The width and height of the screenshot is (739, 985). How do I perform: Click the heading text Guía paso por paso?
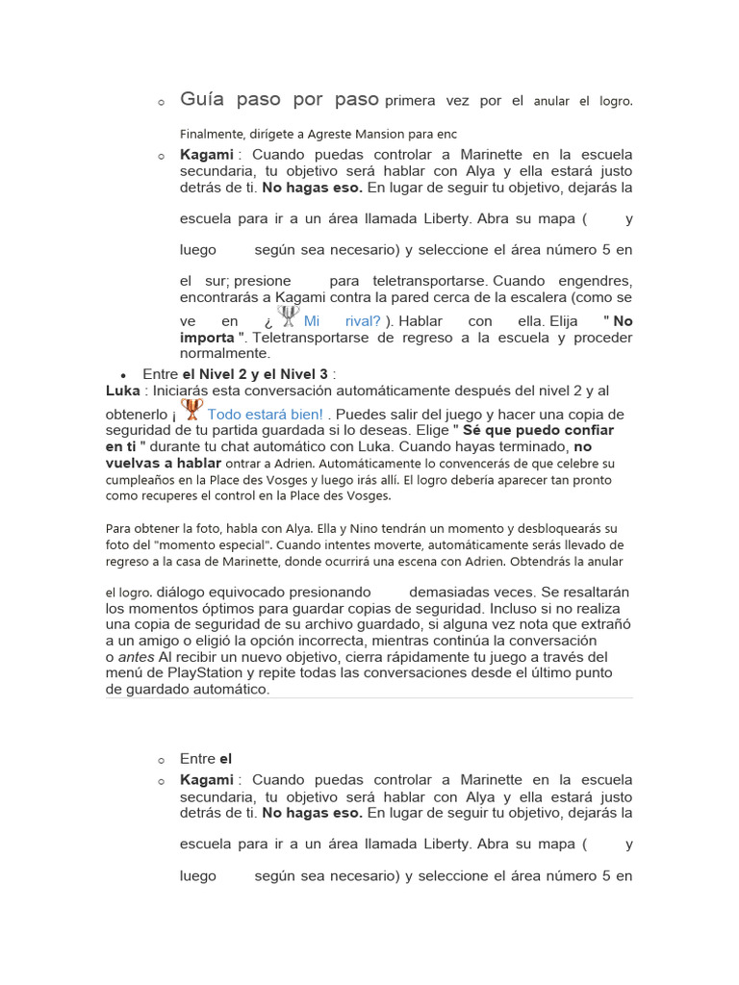coord(280,100)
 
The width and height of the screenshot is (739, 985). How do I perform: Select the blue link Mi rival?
coord(342,321)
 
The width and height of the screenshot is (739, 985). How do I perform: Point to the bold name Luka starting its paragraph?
coord(122,391)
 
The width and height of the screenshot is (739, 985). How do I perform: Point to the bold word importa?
coord(206,338)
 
